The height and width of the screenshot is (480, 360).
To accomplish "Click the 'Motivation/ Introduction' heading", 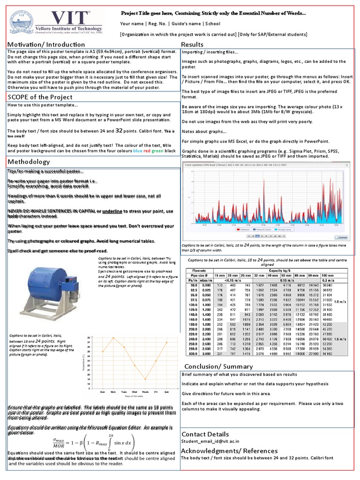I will tap(46, 45).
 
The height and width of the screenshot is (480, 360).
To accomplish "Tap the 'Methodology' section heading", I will tap(28, 162).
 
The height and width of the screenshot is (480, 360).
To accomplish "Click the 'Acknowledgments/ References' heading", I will tap(223, 450).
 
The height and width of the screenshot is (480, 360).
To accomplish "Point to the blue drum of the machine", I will tap(46, 286).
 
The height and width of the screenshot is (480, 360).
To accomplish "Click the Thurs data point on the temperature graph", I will tap(145, 379).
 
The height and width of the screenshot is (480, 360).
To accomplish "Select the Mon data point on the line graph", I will tap(113, 337).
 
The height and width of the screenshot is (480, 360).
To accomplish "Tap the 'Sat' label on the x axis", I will tap(166, 391).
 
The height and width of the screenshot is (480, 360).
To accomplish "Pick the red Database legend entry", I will tap(243, 230).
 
